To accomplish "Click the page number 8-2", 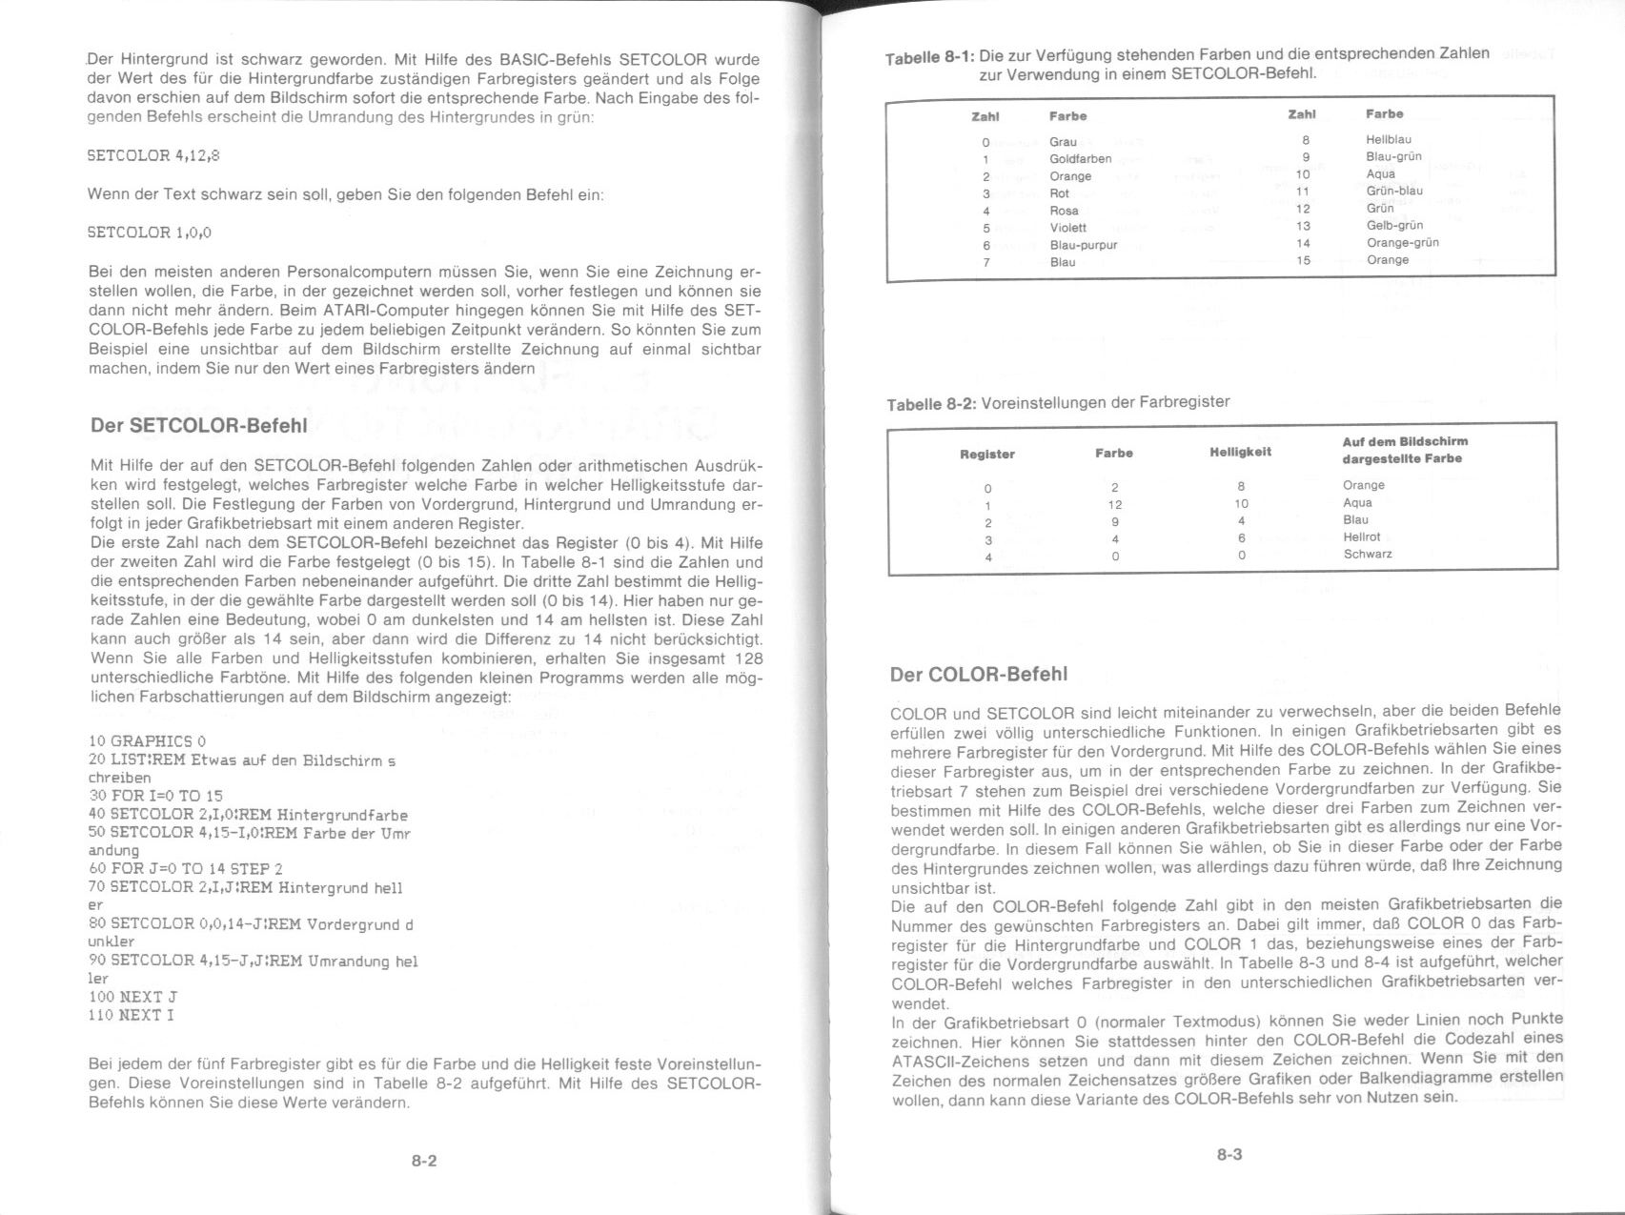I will (424, 1161).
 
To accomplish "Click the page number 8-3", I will (1229, 1155).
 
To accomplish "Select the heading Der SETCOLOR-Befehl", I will (198, 425).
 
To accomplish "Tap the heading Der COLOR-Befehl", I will (978, 674).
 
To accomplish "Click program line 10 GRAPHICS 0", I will (147, 740).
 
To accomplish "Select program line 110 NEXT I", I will (132, 1015).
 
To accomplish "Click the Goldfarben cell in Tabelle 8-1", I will (1080, 159).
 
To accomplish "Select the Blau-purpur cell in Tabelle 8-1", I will (1083, 245).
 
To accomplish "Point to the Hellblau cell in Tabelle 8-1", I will (1388, 140).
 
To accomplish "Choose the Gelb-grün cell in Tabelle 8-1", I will (1394, 226).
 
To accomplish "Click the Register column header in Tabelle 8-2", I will (986, 455).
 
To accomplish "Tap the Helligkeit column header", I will (1240, 452).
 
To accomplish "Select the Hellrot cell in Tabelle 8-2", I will (1361, 537).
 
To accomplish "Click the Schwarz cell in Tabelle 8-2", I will (1368, 554).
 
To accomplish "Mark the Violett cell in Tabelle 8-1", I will (1067, 228).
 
